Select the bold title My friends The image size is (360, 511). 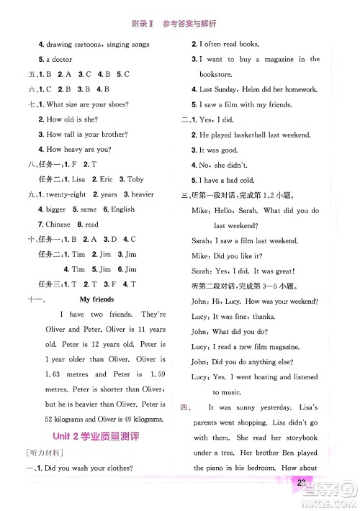click(97, 299)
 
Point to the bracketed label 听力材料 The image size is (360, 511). click(44, 452)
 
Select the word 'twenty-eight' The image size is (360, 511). click(69, 194)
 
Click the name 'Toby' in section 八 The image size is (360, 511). click(135, 180)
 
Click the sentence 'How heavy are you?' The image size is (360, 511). click(79, 149)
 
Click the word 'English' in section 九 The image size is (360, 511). click(123, 209)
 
